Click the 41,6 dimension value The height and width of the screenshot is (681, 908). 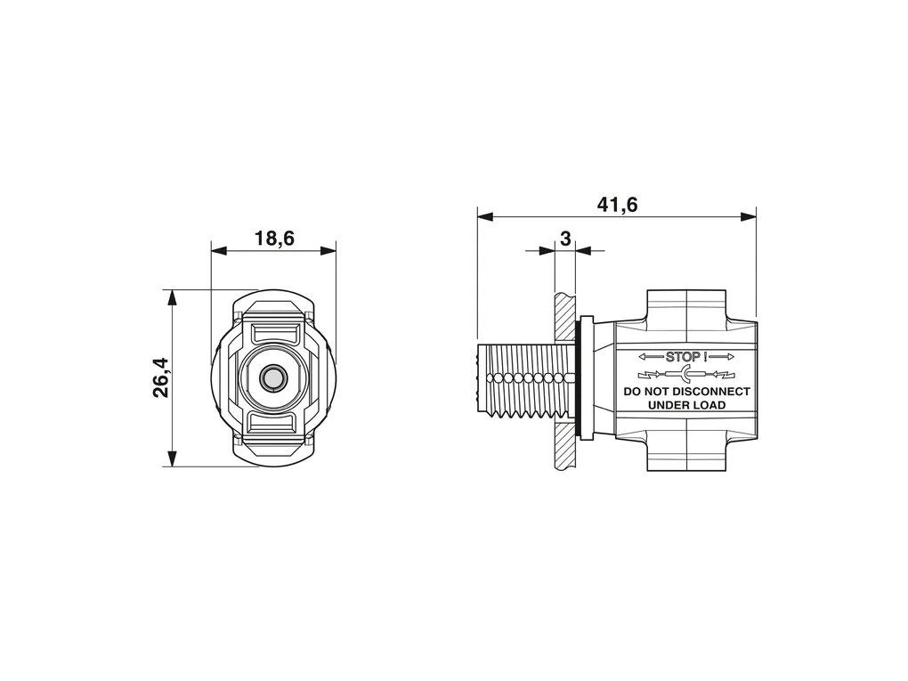[617, 205]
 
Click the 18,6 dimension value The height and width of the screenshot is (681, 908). [274, 238]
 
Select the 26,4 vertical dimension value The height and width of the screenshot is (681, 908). [161, 377]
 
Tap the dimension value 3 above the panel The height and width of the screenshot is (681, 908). [565, 239]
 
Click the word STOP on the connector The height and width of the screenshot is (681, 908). [683, 357]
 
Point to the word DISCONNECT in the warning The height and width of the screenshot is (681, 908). [710, 392]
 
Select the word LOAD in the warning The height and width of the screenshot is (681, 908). [709, 405]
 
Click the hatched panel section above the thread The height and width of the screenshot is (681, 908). [565, 317]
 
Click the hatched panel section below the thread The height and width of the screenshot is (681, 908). [565, 446]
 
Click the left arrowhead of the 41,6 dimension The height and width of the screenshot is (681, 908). [485, 216]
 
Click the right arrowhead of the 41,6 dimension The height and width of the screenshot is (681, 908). [748, 216]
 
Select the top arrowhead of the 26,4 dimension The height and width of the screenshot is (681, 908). [172, 297]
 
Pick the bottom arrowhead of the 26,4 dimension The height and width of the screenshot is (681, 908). [172, 458]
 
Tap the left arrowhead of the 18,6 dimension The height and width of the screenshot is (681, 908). [219, 251]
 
